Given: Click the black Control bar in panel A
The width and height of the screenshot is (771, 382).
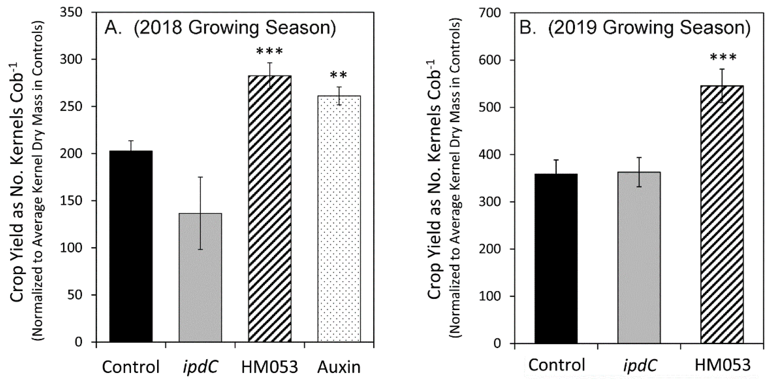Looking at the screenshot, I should click(131, 246).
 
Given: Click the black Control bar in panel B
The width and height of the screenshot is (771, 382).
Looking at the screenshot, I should click(556, 258).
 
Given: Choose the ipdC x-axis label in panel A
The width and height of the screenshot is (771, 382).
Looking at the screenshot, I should click(200, 366).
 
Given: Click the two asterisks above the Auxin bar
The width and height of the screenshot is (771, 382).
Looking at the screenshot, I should click(338, 75).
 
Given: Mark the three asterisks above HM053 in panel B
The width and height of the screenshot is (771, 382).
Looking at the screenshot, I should click(723, 57).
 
